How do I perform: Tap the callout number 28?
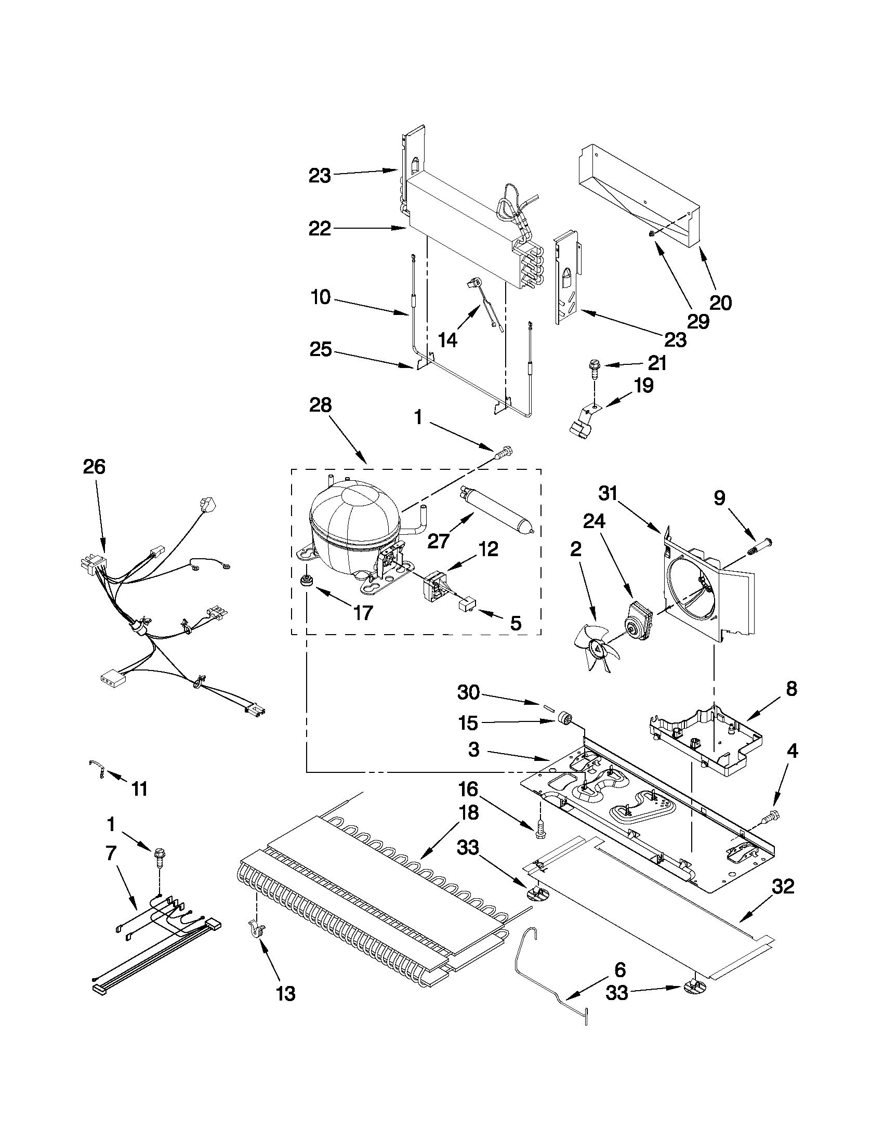point(320,406)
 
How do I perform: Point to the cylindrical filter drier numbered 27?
point(495,509)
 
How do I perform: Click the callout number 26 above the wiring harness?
point(94,467)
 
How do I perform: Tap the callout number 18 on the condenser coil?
point(468,812)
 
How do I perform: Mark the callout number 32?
point(783,887)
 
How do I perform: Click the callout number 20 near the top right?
point(720,302)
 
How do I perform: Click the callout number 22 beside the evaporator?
point(320,228)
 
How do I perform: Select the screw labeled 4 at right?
point(772,815)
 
